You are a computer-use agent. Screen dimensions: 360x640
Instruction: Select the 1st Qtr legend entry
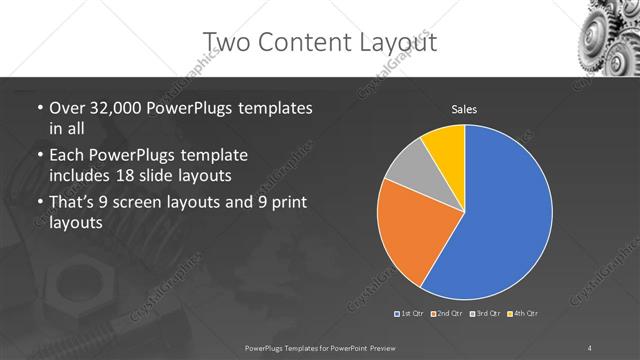click(412, 314)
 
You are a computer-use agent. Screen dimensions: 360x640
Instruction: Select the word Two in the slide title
click(227, 41)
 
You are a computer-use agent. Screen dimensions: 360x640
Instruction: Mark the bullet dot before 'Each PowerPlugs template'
click(39, 156)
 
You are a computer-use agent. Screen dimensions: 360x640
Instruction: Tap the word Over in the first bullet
click(68, 107)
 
